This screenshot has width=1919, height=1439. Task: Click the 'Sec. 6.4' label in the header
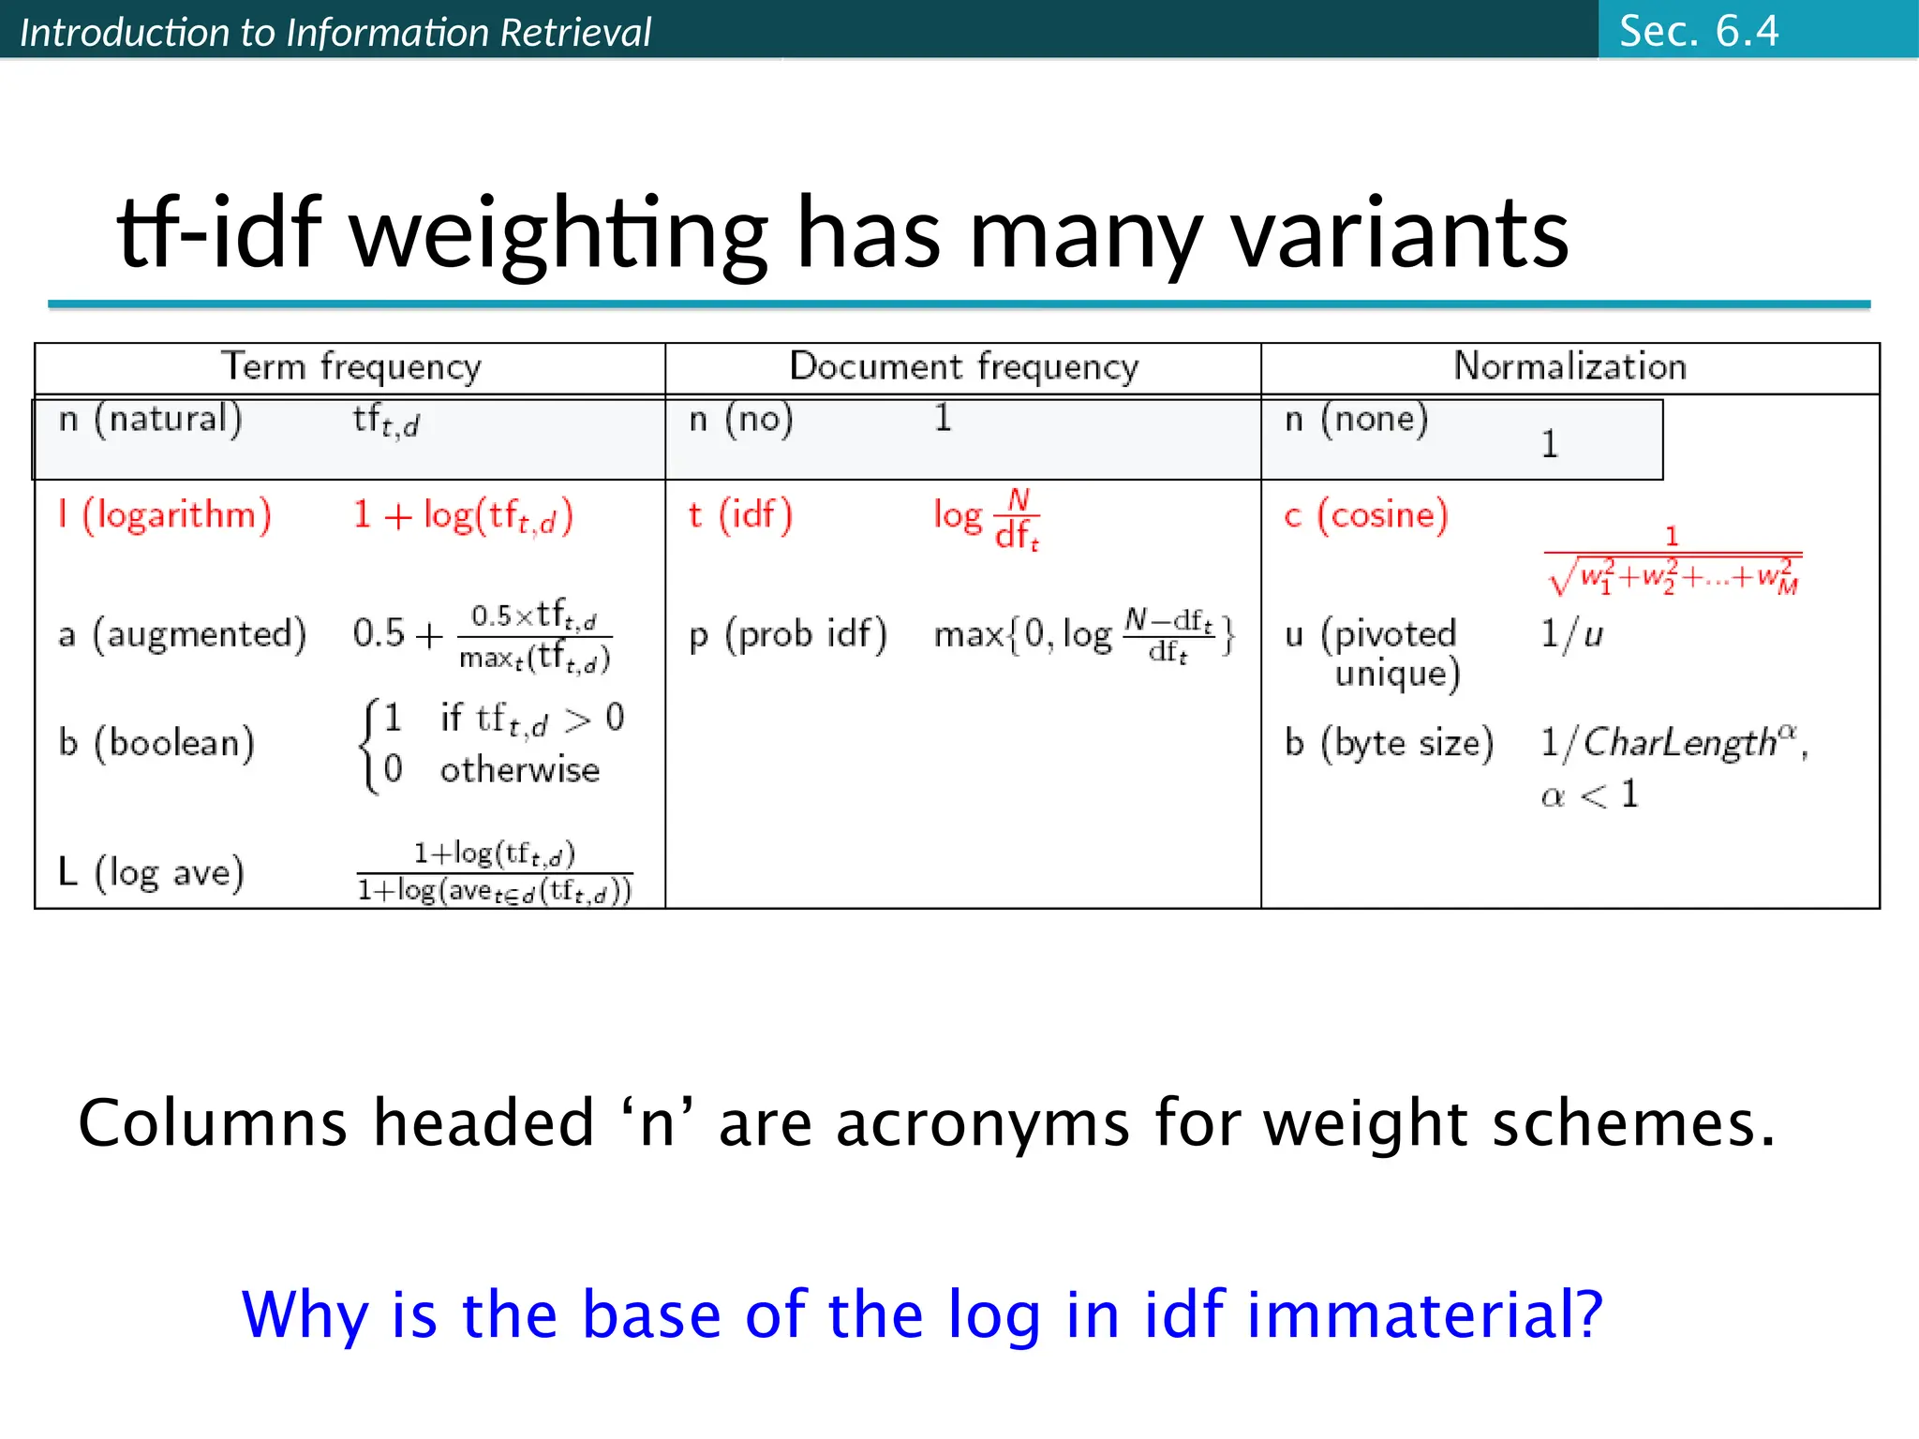pos(1698,31)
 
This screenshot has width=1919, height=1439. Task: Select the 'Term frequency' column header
pos(350,366)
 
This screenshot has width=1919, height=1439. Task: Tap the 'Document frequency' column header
pos(964,366)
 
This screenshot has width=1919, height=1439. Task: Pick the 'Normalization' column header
pos(1569,366)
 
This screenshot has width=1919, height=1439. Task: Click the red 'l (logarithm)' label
pos(165,515)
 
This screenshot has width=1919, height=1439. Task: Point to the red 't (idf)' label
pos(740,515)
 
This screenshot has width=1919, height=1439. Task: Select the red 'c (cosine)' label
pos(1366,515)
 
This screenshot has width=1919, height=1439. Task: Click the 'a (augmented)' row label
pos(182,634)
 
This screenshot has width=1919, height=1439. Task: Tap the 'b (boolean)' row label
pos(156,743)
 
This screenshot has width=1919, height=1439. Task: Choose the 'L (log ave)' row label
pos(151,872)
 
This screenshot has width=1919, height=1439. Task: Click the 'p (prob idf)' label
pos(788,634)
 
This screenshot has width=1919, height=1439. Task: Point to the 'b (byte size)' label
pos(1389,743)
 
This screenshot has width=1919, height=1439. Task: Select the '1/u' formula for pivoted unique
pos(1571,634)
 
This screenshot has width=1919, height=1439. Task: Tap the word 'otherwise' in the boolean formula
pos(520,770)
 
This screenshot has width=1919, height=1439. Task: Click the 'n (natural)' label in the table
pos(150,419)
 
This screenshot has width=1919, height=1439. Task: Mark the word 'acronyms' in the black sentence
pos(983,1122)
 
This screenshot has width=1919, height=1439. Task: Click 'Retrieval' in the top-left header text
pos(574,33)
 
